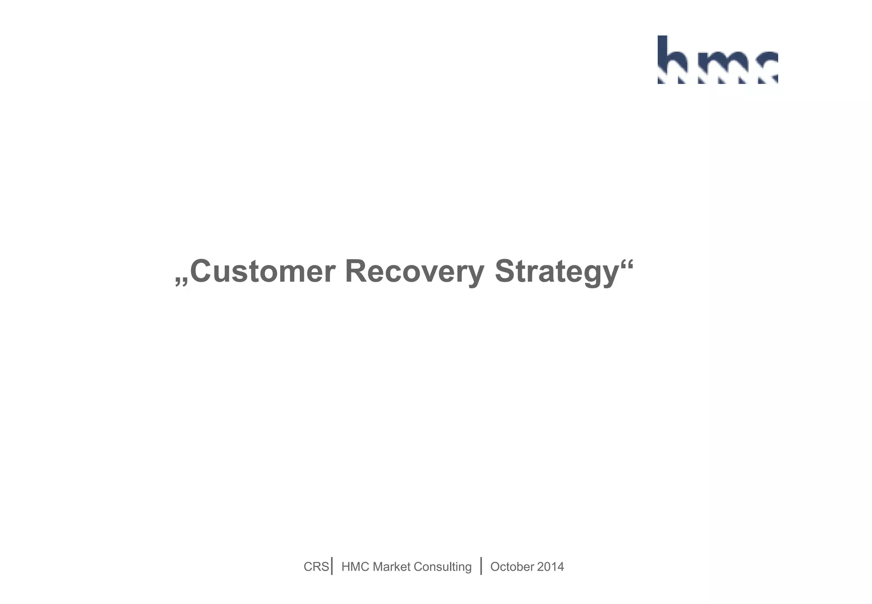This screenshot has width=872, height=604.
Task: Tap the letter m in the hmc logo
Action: coord(719,66)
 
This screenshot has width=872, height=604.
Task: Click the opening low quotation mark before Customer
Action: coord(182,282)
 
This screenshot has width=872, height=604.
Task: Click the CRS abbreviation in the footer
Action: coord(316,567)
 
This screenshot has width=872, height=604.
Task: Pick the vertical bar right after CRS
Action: coord(332,566)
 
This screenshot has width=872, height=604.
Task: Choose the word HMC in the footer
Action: coord(355,567)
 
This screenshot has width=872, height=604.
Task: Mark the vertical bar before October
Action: coord(481,566)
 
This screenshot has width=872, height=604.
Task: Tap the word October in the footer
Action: coord(512,567)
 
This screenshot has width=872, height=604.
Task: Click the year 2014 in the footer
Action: coord(551,567)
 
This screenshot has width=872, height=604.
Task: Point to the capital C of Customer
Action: coord(201,271)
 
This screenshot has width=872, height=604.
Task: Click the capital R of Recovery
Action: coord(356,271)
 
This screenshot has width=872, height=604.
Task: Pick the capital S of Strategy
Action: coord(505,271)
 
